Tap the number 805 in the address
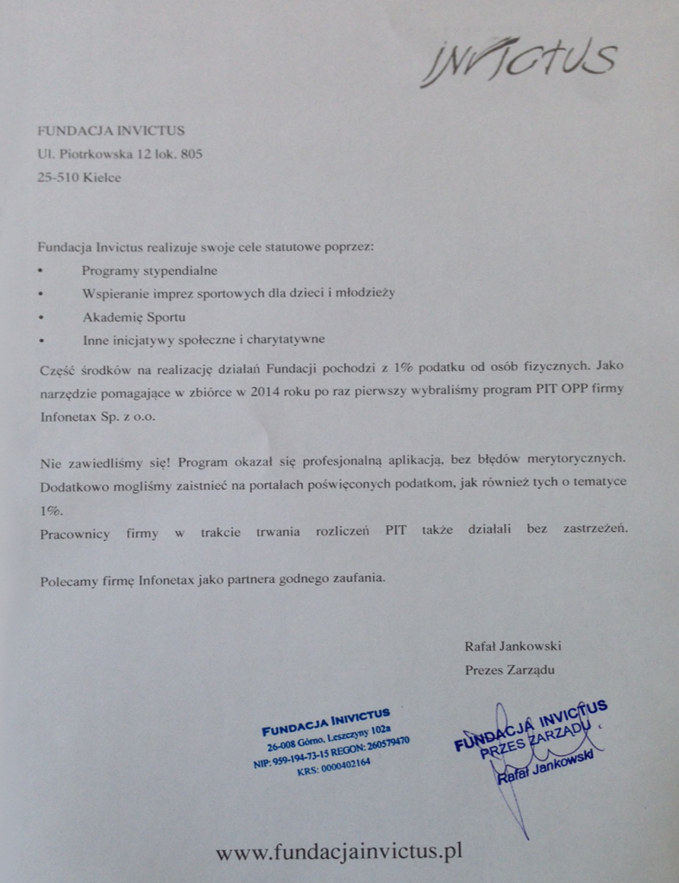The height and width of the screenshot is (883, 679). [192, 155]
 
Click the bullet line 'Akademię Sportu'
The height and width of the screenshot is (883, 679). [134, 316]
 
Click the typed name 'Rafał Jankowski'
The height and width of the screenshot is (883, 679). [512, 645]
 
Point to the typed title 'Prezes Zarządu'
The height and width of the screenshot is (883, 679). [509, 669]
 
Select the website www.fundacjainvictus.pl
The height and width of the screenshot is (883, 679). [339, 852]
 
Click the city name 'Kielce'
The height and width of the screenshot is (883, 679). [103, 178]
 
